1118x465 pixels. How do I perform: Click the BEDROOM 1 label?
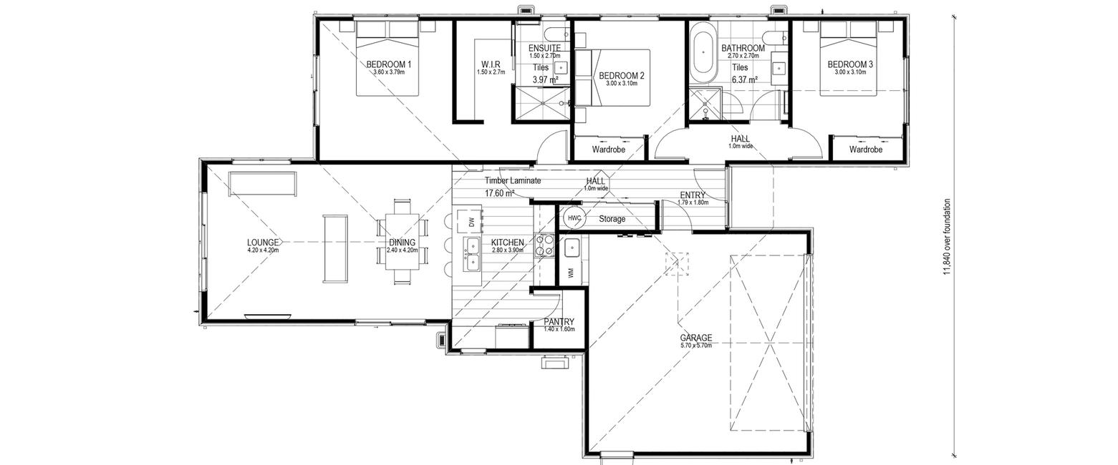coord(389,64)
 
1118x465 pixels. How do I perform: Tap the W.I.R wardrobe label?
coord(491,64)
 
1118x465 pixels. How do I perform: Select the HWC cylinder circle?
coord(574,217)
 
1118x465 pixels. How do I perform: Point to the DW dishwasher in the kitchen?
coord(472,222)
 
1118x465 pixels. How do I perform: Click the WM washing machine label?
coord(572,273)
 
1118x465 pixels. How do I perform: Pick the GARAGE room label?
coord(695,338)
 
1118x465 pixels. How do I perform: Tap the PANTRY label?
coord(559,322)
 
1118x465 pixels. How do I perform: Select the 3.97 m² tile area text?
coord(545,79)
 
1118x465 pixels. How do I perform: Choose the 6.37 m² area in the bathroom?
coord(745,79)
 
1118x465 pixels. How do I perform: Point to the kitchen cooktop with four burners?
coord(544,245)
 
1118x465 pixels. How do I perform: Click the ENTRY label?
coord(693,195)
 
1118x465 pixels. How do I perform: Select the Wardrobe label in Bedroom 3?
coord(866,150)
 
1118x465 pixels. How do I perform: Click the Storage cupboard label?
coord(612,219)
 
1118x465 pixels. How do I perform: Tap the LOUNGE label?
coord(263,243)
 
